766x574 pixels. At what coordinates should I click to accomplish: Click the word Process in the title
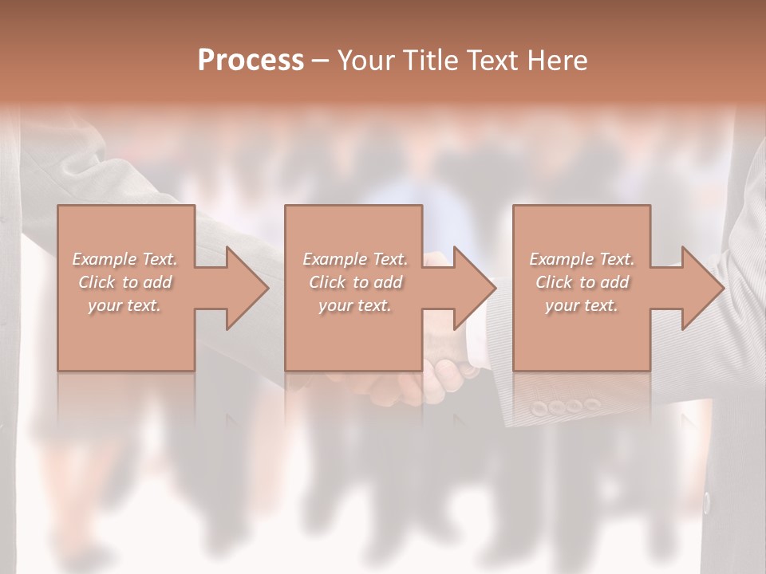tap(251, 60)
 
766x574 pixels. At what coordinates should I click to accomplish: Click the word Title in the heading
tap(428, 60)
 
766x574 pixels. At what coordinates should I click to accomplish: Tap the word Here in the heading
tap(557, 60)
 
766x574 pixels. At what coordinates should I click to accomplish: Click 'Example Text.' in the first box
tap(124, 259)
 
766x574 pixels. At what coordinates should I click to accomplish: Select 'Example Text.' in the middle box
tap(355, 259)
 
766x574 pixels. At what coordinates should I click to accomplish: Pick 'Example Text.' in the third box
tap(582, 259)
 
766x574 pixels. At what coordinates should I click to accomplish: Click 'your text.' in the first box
tap(124, 305)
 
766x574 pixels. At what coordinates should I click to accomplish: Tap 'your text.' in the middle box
tap(355, 305)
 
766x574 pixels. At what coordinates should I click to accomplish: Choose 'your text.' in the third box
tap(582, 305)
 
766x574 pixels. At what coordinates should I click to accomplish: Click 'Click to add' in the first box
tap(124, 282)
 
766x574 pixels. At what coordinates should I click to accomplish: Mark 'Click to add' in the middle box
tap(355, 282)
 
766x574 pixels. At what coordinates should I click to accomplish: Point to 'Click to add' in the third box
tap(582, 282)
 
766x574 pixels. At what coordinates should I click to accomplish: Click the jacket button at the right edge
tap(706, 503)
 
